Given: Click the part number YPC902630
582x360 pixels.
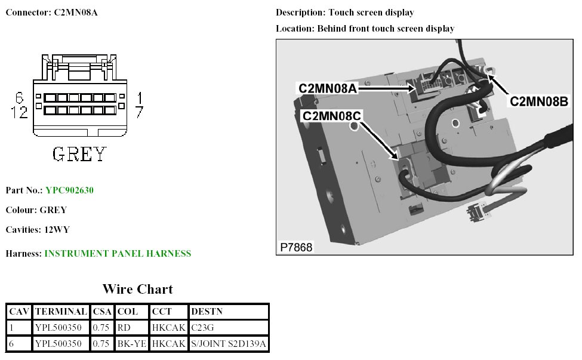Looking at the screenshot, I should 69,190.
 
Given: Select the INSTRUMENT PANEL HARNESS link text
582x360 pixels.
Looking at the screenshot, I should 118,254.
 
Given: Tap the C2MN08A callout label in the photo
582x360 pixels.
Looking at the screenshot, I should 328,88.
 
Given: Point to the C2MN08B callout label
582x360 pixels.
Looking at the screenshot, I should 538,101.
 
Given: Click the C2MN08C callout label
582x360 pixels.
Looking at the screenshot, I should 332,115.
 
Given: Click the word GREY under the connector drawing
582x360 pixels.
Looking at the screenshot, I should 79,155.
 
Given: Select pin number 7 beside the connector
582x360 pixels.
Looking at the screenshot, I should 138,112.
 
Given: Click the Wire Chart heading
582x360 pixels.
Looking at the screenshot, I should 137,290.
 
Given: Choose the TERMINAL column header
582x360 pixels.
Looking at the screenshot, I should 61,312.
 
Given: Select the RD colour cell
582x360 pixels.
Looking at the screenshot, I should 124,327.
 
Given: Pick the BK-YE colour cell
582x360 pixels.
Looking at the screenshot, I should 131,343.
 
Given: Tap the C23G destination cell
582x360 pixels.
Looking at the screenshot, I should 202,327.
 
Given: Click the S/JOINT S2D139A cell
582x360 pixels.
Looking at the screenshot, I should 228,343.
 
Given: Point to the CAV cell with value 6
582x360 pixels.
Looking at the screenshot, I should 11,343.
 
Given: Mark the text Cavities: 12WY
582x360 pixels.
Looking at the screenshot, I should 38,229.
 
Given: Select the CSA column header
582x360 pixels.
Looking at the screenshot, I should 102,312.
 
